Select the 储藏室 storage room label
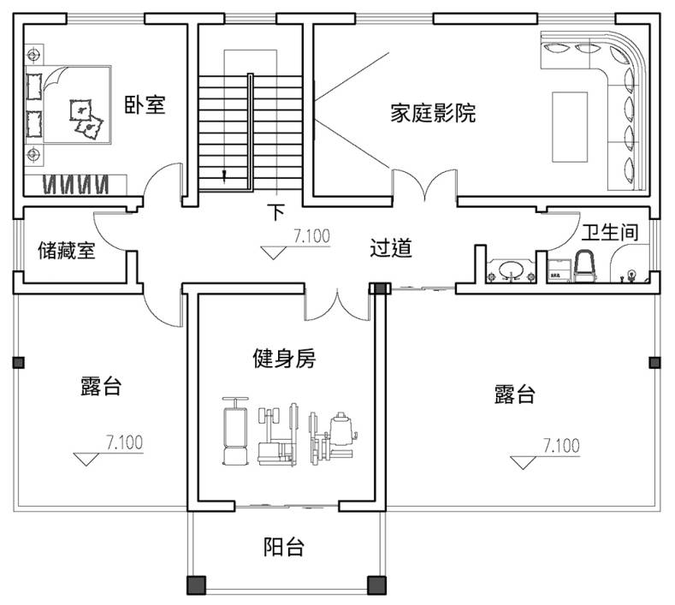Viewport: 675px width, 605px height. click(67, 251)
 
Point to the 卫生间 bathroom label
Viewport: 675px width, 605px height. click(609, 232)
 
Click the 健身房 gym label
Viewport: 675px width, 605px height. click(284, 359)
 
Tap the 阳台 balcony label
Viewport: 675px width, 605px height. click(283, 547)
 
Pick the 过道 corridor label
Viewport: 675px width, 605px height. click(391, 249)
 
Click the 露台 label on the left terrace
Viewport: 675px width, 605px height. click(100, 387)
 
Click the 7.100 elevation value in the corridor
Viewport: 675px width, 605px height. click(311, 237)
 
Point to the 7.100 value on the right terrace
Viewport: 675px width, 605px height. click(561, 445)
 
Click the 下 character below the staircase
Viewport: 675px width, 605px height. click(275, 211)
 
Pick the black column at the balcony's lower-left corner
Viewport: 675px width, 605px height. click(197, 585)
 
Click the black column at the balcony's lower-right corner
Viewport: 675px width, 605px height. click(376, 585)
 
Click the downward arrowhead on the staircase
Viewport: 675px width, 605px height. click(224, 177)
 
